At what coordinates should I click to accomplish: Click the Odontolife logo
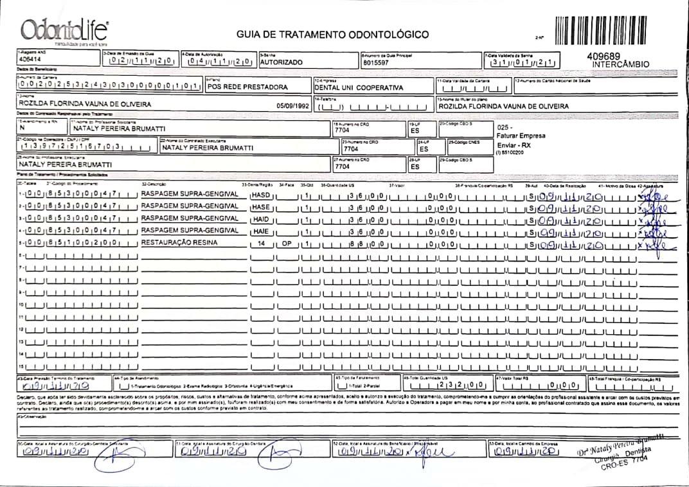click(64, 30)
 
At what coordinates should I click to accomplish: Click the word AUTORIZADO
click(281, 63)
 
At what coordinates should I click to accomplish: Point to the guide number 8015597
click(375, 64)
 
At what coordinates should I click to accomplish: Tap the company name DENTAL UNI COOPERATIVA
click(358, 87)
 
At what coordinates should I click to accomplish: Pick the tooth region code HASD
click(261, 195)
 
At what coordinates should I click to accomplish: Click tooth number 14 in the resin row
click(260, 244)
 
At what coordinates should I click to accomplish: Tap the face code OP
click(286, 244)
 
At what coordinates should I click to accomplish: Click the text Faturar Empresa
click(521, 136)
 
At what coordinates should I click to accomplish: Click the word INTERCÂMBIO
click(621, 64)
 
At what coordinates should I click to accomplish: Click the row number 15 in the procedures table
click(21, 366)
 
